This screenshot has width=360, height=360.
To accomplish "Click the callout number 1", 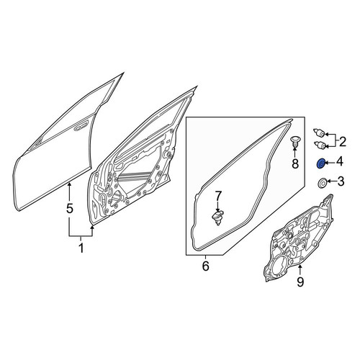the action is tap(81, 248).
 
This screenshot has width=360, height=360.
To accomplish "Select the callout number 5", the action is tap(69, 208).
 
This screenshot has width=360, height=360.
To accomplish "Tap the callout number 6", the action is tap(205, 266).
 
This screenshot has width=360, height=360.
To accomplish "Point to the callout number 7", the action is tap(217, 196).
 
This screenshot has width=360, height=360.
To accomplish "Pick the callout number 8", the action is tap(295, 164).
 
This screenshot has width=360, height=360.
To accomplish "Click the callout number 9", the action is tap(300, 282).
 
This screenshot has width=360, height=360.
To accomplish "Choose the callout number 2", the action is tap(343, 142).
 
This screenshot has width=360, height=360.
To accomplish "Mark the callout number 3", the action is tap(341, 181).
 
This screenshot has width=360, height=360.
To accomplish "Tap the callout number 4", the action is tap(340, 162).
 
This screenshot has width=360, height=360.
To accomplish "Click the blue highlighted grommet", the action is tap(320, 164).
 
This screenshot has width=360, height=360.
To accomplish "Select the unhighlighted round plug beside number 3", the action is tap(321, 184).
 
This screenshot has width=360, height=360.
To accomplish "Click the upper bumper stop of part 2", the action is tap(320, 133).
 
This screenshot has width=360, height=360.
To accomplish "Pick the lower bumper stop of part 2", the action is tap(320, 145).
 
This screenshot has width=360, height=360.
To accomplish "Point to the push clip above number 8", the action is tap(294, 142).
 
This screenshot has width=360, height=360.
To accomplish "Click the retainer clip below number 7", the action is tap(217, 217).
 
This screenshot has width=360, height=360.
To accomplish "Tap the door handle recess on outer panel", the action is tap(81, 127).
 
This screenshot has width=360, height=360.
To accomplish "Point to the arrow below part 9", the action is tap(300, 269).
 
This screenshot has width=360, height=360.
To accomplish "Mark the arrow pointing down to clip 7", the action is tap(217, 207).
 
